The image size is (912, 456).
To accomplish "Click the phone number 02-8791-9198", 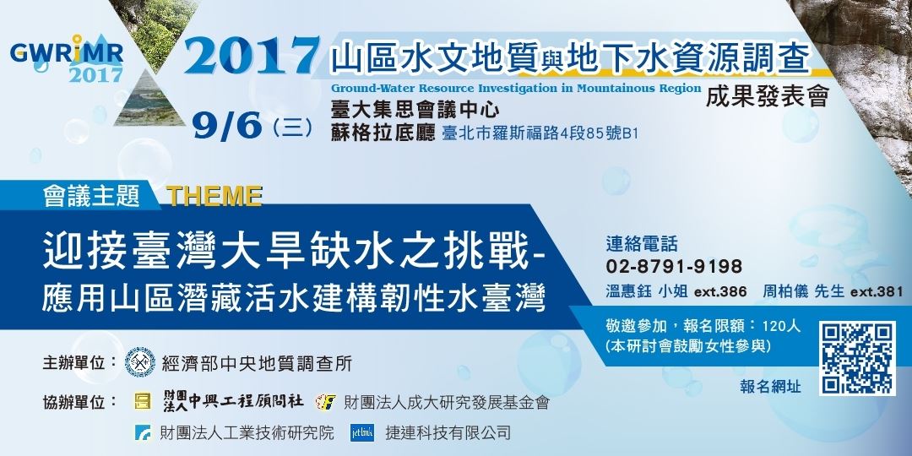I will (674, 267).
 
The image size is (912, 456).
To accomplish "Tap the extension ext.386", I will (720, 291).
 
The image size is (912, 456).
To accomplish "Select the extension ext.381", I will (878, 291).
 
